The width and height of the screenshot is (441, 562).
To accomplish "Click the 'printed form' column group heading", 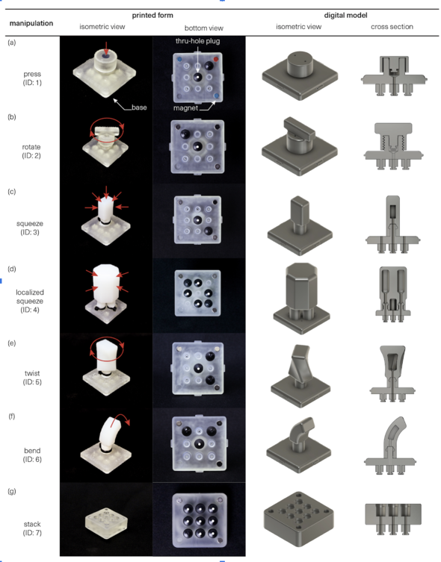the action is (x=152, y=16).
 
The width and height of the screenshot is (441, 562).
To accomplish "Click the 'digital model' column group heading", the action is (x=345, y=16).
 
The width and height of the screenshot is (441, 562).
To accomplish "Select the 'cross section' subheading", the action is (x=392, y=27).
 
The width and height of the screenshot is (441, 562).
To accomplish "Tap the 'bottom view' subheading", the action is (x=204, y=28).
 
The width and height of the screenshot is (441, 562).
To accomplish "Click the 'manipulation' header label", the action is (x=31, y=23).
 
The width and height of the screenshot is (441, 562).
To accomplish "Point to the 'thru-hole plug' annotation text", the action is (x=198, y=41).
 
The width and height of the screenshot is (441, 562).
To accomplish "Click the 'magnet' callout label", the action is (x=185, y=108).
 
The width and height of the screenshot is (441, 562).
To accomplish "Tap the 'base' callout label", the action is (x=139, y=107).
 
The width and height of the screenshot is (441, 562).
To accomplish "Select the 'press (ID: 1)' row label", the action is (x=32, y=78).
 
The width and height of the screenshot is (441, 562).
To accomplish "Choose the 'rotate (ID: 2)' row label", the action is (x=31, y=152).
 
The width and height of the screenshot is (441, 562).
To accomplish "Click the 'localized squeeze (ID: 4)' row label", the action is (x=30, y=301).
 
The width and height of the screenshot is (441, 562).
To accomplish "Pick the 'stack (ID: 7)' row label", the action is (x=32, y=528).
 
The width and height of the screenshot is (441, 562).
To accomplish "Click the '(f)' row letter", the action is (x=12, y=416).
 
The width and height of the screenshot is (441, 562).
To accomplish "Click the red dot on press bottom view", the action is (x=216, y=59).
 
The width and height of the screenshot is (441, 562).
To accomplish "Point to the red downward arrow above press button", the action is (x=106, y=48).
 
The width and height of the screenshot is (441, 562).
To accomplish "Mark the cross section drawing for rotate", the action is (x=393, y=146).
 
